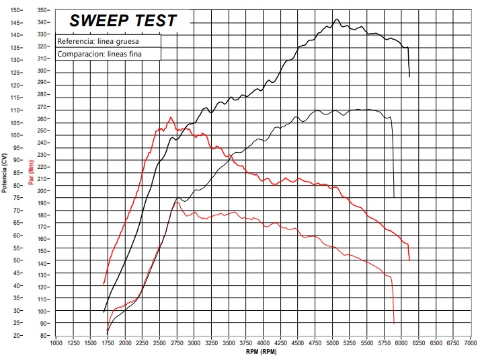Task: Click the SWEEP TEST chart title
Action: tap(123, 21)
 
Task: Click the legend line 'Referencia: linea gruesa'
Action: tap(98, 42)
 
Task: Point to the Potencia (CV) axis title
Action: tap(5, 173)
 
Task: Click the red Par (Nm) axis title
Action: tap(31, 173)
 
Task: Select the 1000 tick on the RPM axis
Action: tap(56, 343)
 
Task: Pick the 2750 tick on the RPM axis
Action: tap(177, 343)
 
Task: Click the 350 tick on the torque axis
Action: tap(43, 10)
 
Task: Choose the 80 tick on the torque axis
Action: tap(44, 335)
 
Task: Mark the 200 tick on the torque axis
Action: tap(43, 190)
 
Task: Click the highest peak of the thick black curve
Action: tap(337, 19)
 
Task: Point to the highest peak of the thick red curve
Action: tap(170, 117)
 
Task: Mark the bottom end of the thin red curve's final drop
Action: tap(394, 324)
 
